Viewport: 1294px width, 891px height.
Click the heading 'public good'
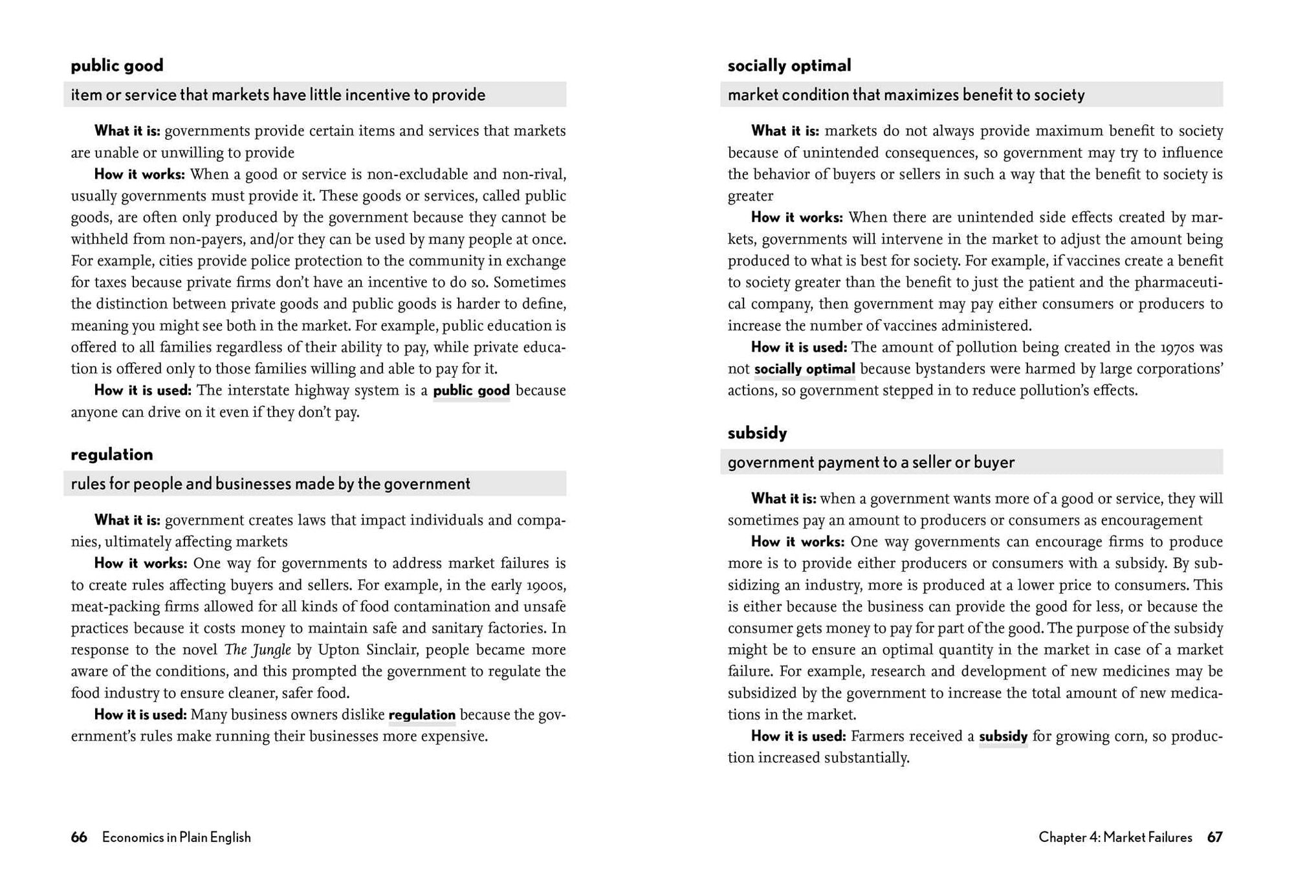click(117, 65)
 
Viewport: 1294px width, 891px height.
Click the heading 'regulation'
click(112, 454)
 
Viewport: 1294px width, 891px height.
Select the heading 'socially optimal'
click(789, 65)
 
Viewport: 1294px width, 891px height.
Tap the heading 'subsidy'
click(757, 433)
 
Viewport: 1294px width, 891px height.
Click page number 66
click(79, 837)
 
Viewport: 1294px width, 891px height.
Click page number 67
click(1214, 837)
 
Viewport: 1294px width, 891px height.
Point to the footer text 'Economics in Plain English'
click(177, 837)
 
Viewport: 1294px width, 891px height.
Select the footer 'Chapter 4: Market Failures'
click(1115, 837)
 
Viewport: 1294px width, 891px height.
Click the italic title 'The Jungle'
click(258, 650)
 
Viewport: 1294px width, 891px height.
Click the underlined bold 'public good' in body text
click(471, 391)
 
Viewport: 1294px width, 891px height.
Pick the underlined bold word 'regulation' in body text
click(422, 715)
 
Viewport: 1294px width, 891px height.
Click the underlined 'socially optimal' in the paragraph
click(804, 369)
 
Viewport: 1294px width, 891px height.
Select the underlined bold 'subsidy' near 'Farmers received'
click(1003, 736)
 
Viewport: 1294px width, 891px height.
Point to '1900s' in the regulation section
click(547, 585)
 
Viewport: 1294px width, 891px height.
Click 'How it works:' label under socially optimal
click(796, 217)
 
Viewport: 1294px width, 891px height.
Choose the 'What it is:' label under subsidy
click(784, 498)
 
